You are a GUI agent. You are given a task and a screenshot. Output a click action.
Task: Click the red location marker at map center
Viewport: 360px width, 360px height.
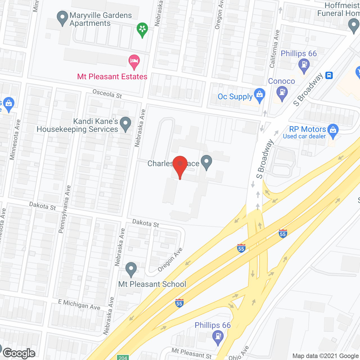(180, 165)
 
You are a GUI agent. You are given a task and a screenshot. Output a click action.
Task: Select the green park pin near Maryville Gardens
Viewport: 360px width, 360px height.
(142, 29)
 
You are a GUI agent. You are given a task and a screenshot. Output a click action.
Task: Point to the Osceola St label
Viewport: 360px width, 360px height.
(107, 94)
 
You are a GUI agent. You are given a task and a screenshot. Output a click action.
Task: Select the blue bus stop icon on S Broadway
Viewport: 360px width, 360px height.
(329, 75)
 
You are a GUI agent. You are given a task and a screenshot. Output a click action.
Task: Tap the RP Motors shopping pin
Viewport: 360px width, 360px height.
(333, 131)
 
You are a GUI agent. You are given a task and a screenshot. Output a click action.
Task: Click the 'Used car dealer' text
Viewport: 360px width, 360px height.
(304, 136)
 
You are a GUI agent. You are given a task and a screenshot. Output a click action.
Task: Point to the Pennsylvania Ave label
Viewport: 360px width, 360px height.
(64, 209)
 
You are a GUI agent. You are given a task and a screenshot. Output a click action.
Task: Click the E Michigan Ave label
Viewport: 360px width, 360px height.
(79, 305)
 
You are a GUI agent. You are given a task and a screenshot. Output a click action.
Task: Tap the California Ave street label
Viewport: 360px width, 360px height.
(274, 49)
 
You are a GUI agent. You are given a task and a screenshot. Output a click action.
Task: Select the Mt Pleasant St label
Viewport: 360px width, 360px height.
(192, 353)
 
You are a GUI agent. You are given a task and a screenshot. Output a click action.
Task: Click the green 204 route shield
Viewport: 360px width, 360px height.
(123, 357)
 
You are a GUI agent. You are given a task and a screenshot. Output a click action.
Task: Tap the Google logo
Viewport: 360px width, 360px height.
(19, 353)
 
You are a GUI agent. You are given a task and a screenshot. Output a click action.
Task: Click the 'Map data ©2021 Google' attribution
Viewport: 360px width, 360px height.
(326, 356)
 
